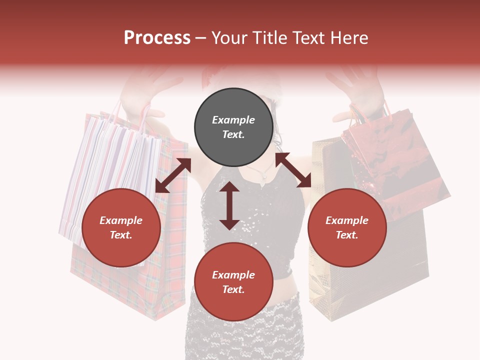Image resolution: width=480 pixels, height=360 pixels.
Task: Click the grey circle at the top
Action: click(x=233, y=127)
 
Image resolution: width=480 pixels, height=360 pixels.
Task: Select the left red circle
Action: click(x=121, y=227)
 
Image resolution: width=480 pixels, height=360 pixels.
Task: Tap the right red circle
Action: click(x=347, y=227)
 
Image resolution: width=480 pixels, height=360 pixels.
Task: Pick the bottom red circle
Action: click(x=233, y=282)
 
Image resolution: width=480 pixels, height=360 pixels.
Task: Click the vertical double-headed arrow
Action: click(x=229, y=205)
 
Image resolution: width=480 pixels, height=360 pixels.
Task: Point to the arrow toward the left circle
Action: click(x=173, y=175)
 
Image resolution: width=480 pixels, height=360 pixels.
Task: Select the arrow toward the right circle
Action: click(x=293, y=170)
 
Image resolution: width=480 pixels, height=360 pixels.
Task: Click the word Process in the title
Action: click(x=157, y=38)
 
